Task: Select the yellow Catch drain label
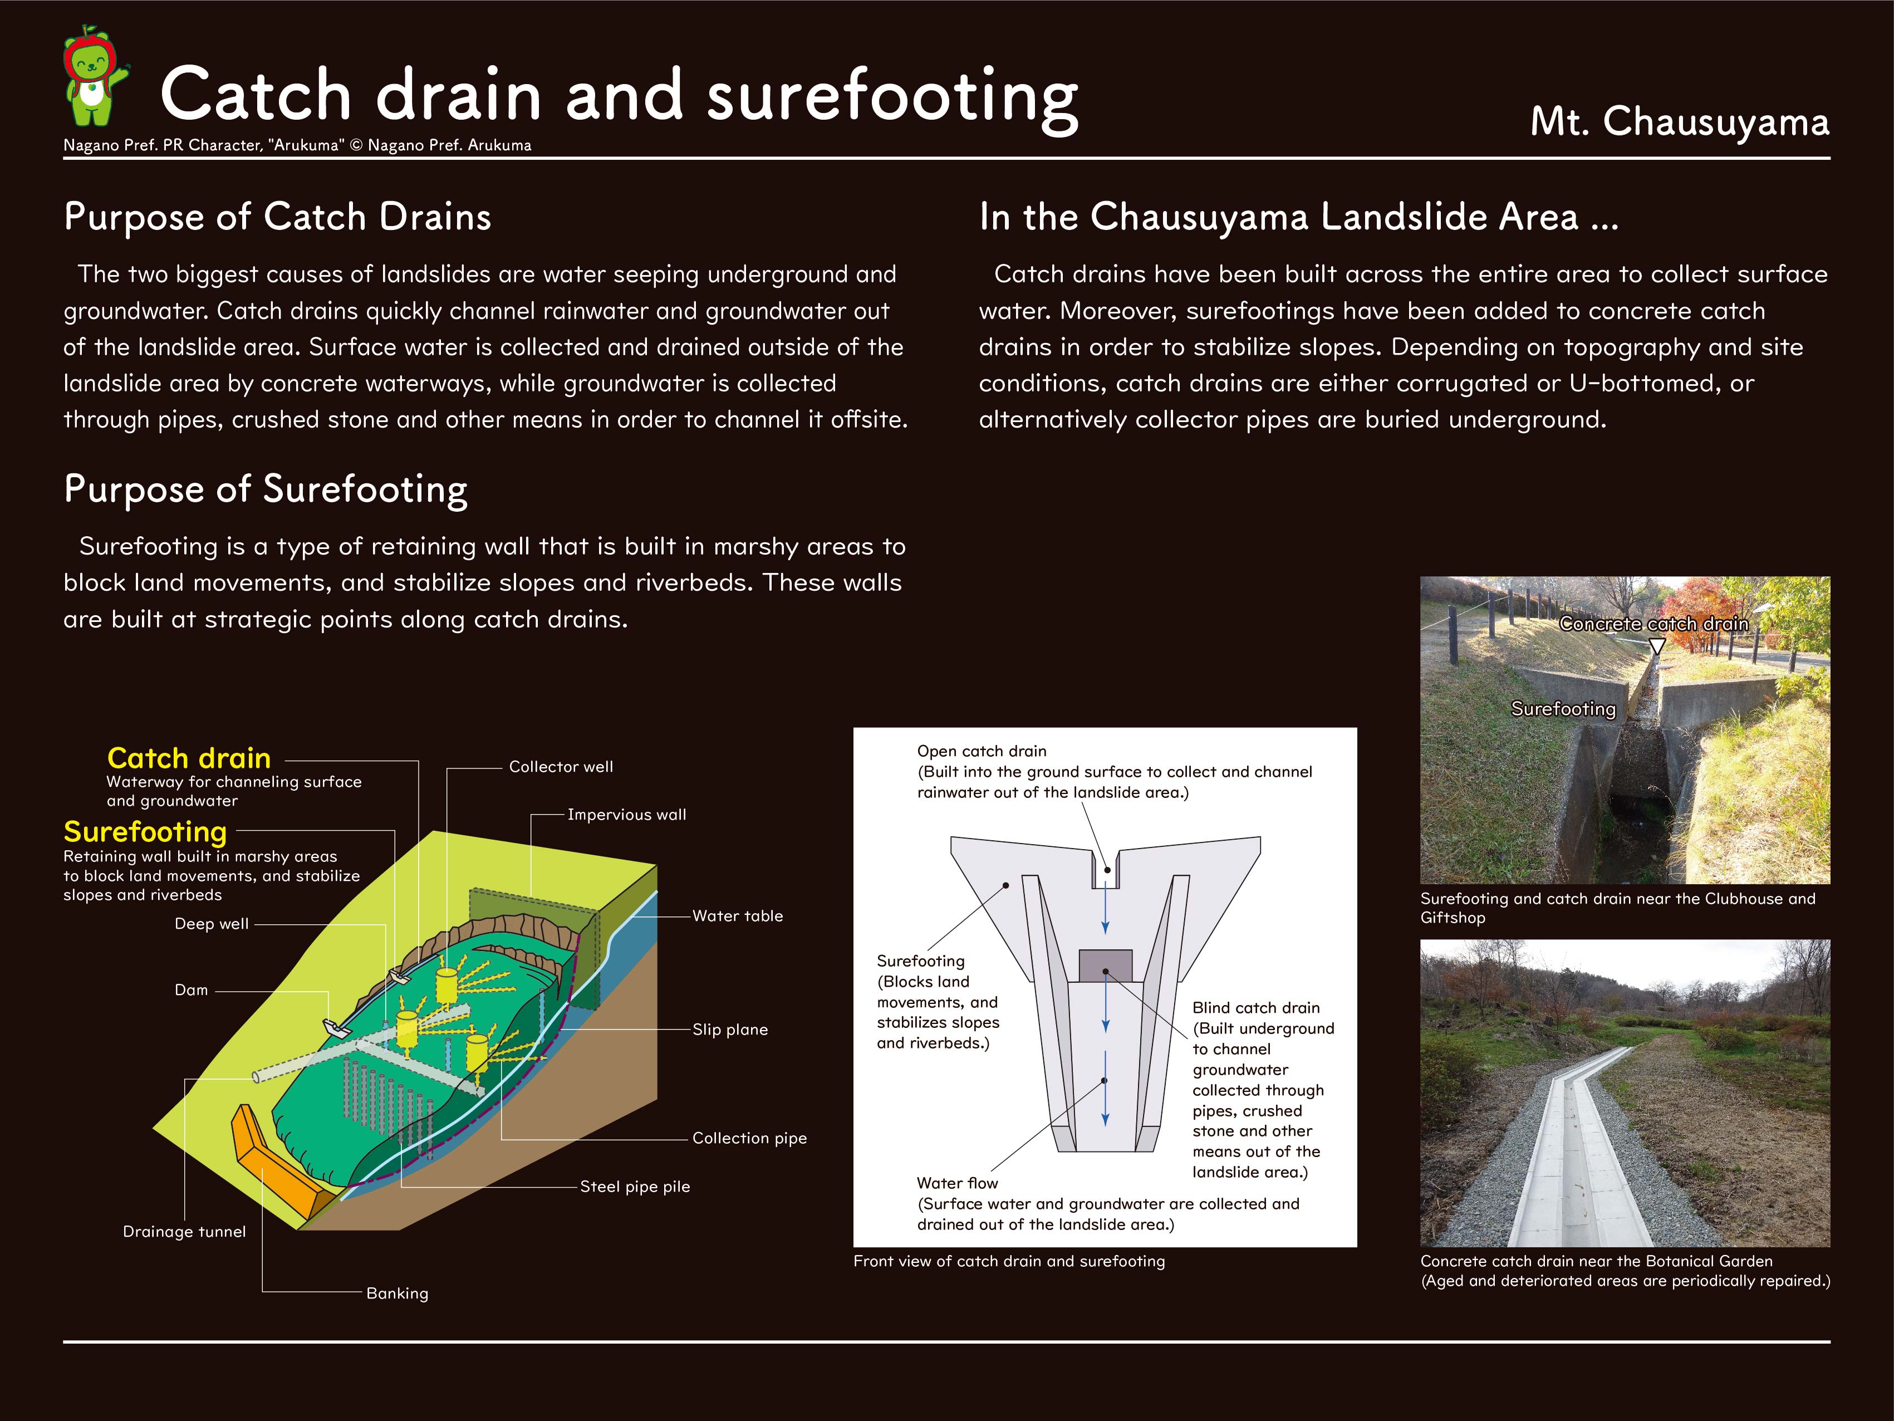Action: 188,758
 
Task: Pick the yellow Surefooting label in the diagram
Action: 145,832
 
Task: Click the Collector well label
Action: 561,767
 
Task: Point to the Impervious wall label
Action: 627,815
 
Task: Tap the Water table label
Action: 737,915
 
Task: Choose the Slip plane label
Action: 729,1030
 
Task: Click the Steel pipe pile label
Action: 635,1187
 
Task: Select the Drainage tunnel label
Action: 184,1232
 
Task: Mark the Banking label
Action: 398,1293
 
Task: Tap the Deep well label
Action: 212,923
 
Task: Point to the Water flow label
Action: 957,1183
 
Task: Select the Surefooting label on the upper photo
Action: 1563,709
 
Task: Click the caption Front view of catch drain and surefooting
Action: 1009,1261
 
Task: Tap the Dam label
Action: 191,990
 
